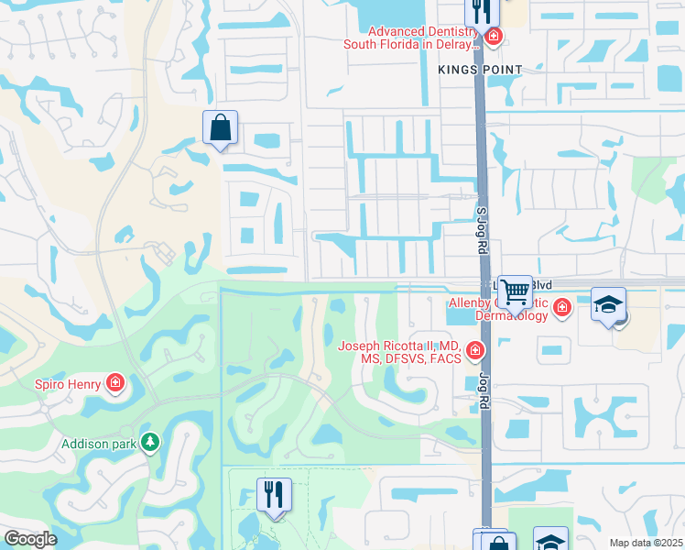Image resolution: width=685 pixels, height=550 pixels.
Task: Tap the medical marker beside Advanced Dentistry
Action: (x=493, y=37)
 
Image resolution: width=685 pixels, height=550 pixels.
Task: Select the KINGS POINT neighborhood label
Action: (x=479, y=70)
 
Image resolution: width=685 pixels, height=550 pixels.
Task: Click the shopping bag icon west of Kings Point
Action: (x=221, y=127)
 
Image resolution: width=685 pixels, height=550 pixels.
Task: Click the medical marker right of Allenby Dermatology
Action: (x=560, y=309)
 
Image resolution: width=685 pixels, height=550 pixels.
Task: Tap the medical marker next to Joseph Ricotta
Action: (x=474, y=349)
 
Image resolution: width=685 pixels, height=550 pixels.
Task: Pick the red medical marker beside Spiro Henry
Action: (x=115, y=382)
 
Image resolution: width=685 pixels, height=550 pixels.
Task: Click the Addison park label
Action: (x=98, y=444)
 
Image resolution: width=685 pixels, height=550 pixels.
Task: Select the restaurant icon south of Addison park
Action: (x=273, y=494)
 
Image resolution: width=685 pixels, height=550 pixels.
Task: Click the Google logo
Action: (x=30, y=539)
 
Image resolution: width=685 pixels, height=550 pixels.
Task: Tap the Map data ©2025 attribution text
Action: (x=645, y=543)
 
